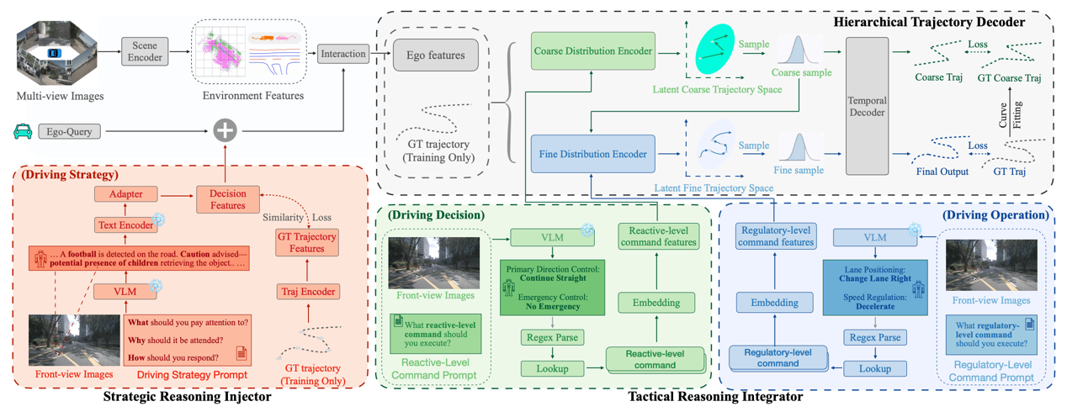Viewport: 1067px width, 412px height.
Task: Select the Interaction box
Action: tap(343, 54)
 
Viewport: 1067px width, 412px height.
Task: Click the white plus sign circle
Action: tap(225, 130)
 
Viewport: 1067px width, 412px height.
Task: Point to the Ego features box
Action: tap(435, 55)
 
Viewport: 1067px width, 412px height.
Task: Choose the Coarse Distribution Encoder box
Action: tap(592, 51)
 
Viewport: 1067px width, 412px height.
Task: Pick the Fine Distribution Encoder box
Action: tap(592, 154)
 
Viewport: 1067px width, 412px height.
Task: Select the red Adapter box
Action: tap(125, 194)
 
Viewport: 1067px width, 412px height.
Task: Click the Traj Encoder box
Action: tap(307, 292)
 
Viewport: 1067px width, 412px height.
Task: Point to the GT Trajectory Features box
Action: tap(307, 243)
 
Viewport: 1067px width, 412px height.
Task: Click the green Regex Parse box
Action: tap(552, 337)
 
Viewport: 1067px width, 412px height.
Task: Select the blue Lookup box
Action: tap(875, 368)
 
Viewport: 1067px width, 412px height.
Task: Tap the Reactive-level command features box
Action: tap(657, 236)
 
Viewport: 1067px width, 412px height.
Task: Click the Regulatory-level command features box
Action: tap(775, 236)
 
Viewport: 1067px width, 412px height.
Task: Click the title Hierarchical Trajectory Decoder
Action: tap(927, 21)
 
